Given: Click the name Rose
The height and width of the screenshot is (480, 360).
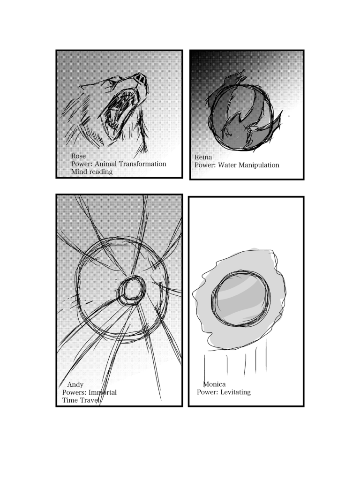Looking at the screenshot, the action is click(x=78, y=156).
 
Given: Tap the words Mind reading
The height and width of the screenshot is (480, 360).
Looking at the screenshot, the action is click(x=92, y=172).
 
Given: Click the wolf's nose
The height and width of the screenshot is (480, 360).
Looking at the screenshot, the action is click(x=141, y=78).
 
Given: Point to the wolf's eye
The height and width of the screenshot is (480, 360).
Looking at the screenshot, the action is click(x=112, y=82).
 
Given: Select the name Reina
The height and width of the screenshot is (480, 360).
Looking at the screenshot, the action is click(x=203, y=157).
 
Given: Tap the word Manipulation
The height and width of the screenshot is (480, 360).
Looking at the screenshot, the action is click(x=259, y=165).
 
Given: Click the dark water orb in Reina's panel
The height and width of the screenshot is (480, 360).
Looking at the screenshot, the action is click(x=240, y=118).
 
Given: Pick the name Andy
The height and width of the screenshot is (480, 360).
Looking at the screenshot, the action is click(x=75, y=384).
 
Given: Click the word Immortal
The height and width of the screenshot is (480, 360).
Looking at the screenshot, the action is click(x=103, y=392).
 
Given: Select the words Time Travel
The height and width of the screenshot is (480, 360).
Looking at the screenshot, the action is click(x=81, y=400).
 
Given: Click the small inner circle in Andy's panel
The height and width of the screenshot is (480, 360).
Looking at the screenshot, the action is click(x=132, y=290).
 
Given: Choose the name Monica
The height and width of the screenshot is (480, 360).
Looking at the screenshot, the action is click(x=214, y=384).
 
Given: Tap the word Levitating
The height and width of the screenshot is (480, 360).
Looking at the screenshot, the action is click(x=235, y=392).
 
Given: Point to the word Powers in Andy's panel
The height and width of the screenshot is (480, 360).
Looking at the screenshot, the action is click(x=75, y=392).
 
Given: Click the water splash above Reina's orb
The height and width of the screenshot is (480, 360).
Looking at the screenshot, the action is click(x=235, y=78).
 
